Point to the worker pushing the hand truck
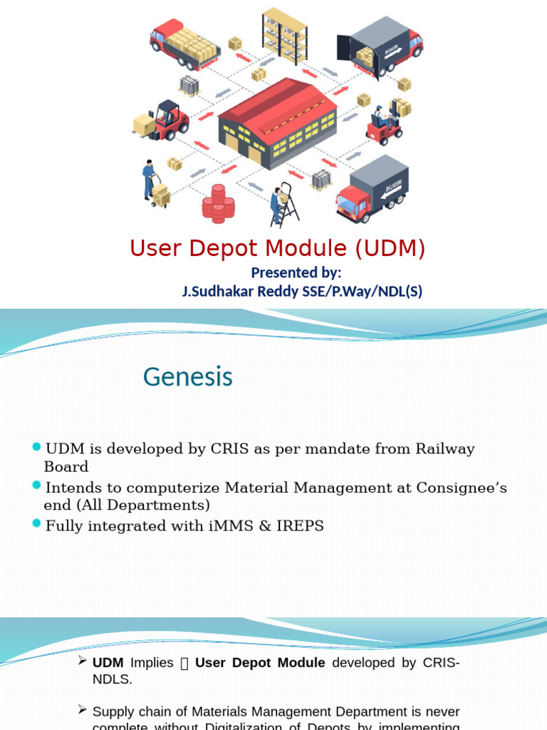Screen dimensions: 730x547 (x=149, y=179)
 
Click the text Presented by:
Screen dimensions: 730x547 (x=296, y=272)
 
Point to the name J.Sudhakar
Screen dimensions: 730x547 (x=214, y=291)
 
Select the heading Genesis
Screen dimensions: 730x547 (x=188, y=376)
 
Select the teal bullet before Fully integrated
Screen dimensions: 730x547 (x=37, y=524)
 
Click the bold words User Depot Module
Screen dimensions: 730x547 (x=260, y=662)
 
